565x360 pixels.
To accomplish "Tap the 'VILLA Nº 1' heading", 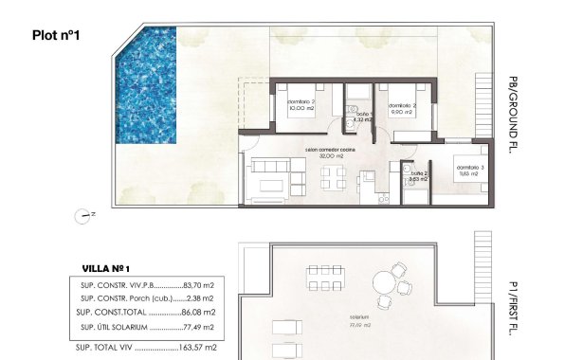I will click(x=106, y=267).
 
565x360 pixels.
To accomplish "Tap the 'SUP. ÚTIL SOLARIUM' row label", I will click(x=113, y=327).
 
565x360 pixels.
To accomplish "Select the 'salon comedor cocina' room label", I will click(x=330, y=150).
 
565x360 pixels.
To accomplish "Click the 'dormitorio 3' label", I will click(x=467, y=167).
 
